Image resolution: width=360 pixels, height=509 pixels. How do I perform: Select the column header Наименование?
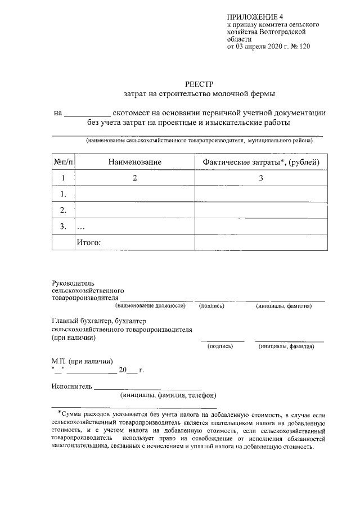point(135,162)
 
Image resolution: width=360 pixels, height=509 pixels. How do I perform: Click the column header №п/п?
point(63,162)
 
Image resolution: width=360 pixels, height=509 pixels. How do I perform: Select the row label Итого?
point(88,242)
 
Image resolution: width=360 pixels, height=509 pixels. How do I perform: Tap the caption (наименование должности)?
point(150,306)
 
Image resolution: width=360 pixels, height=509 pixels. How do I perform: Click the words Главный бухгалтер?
point(79,321)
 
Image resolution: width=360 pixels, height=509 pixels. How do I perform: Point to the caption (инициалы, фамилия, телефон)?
point(168,395)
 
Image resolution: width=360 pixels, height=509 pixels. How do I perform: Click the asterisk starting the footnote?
point(60,412)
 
